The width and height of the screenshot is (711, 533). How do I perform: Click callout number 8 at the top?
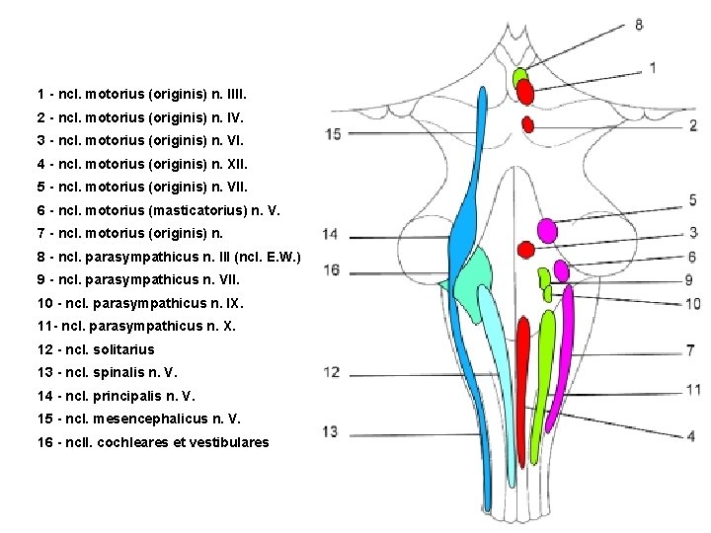[639, 24]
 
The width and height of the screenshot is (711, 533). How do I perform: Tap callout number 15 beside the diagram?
[332, 133]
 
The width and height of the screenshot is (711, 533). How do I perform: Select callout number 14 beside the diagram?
[330, 234]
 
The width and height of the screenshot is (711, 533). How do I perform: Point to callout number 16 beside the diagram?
[331, 269]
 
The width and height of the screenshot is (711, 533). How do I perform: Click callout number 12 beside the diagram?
[331, 372]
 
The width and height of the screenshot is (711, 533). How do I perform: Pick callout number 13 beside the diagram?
[330, 431]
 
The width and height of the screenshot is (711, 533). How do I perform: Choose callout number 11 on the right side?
[693, 390]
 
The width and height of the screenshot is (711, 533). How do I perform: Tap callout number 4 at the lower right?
[690, 435]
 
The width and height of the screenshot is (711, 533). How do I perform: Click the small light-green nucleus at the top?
[519, 76]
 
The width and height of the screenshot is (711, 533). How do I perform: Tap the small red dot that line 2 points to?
[527, 124]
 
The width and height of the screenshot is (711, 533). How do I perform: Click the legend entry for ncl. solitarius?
[96, 349]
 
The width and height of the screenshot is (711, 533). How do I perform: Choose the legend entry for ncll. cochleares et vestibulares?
[152, 442]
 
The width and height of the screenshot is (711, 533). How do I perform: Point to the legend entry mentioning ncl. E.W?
[168, 257]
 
